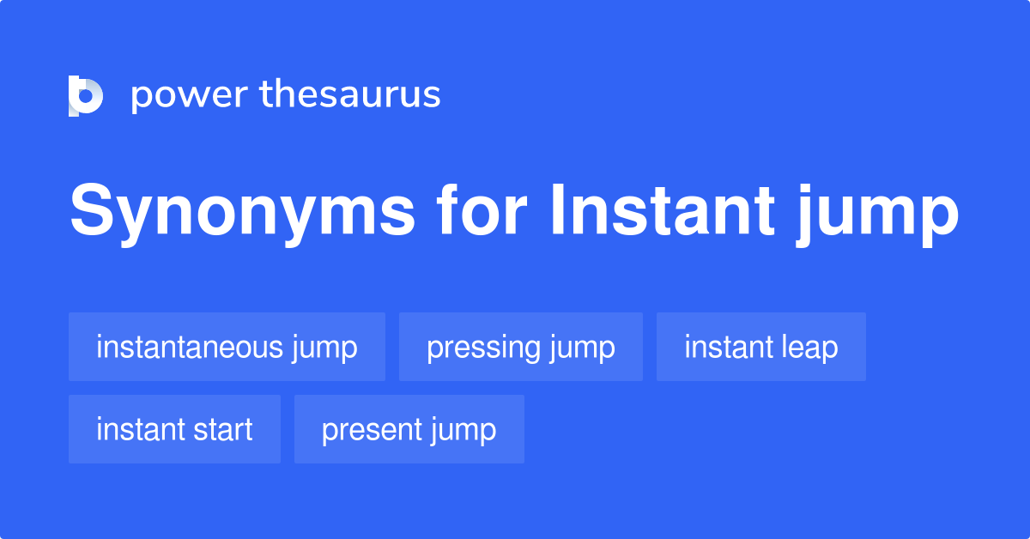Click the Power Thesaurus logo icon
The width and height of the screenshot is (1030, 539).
[86, 95]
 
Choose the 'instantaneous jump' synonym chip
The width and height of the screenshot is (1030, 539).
[227, 347]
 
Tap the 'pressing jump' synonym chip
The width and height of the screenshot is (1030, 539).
[520, 347]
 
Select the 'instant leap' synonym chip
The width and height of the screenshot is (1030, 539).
[760, 347]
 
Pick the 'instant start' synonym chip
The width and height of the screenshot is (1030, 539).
[174, 429]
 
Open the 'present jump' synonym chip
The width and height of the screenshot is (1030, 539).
[409, 429]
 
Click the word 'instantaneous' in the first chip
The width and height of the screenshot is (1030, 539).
[189, 347]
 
